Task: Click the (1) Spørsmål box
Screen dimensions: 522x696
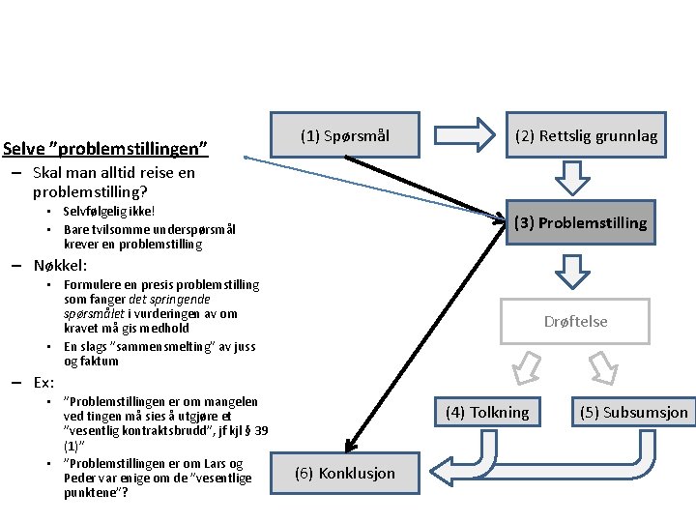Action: pos(345,136)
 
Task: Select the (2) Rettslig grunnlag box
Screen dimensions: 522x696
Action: pos(586,136)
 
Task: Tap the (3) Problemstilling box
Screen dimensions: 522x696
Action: pos(580,222)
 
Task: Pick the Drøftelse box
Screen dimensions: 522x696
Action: pos(575,321)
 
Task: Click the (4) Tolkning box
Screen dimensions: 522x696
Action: pos(487,412)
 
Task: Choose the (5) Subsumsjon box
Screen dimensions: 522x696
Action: pos(634,412)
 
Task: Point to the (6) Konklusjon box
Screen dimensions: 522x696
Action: pos(344,473)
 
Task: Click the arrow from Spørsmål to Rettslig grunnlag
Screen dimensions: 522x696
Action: pos(464,135)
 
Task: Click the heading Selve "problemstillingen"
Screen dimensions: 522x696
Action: pos(105,149)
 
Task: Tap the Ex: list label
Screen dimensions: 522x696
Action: pos(43,381)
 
